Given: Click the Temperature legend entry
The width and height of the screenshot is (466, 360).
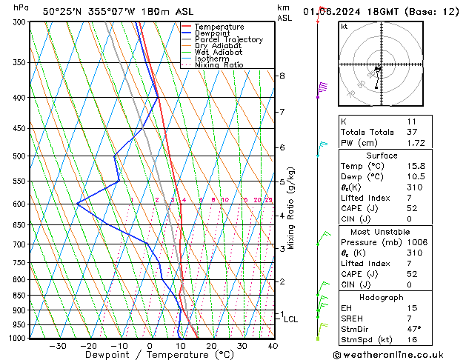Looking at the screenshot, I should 219,27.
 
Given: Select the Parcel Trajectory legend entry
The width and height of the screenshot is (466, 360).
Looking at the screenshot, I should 229,39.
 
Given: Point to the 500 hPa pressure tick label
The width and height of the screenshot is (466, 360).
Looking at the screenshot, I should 21,156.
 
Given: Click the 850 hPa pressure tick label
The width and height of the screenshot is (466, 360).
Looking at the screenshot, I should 21,295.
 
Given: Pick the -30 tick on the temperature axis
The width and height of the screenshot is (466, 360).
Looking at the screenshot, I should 57,346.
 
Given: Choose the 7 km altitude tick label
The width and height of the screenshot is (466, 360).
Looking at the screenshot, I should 282,112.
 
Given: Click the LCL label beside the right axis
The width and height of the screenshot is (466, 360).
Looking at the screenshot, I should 291,319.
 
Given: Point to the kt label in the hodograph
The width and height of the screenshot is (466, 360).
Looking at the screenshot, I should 344,27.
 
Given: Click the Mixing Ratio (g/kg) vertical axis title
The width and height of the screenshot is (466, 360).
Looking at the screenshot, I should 291,208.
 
